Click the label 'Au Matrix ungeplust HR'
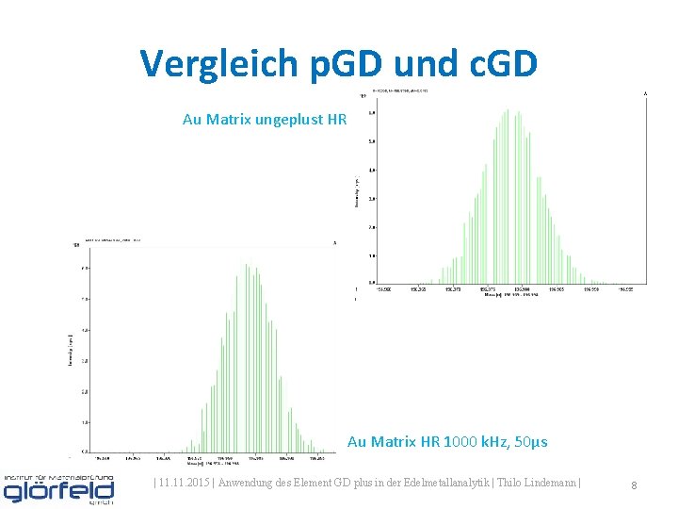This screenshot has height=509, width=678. pos(265,120)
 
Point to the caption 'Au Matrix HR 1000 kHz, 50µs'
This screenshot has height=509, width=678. pos(447,441)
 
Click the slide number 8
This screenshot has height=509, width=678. pos(634,485)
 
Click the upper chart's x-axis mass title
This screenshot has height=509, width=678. pos(506,295)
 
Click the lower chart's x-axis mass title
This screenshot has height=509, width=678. pos(208,463)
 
